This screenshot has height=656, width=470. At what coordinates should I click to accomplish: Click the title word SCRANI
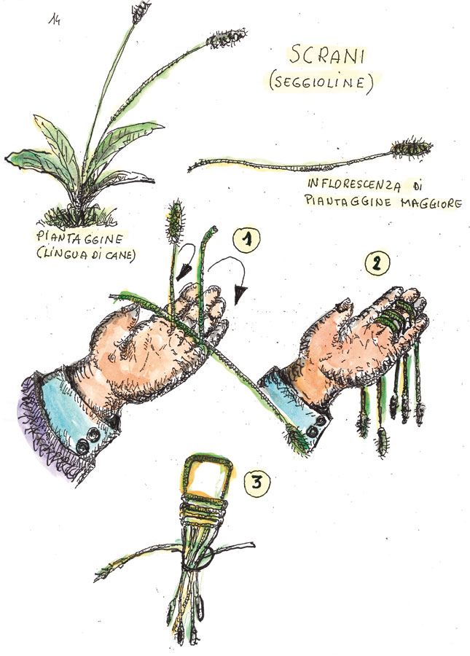[x=327, y=55]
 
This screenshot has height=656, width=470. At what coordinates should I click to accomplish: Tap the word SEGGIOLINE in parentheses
[x=321, y=82]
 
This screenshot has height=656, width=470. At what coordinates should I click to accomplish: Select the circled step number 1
[x=247, y=240]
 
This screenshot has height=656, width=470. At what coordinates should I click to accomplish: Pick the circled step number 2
[x=377, y=262]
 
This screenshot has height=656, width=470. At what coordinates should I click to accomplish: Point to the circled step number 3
[x=256, y=483]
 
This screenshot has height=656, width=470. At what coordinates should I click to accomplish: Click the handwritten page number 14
[x=54, y=19]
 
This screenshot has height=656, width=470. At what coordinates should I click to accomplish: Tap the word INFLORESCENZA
[x=354, y=184]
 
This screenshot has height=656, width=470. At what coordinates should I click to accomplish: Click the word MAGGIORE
[x=431, y=203]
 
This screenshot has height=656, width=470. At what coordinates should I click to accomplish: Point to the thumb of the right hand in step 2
[x=344, y=305]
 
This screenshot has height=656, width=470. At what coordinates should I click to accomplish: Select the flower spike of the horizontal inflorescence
[x=411, y=148]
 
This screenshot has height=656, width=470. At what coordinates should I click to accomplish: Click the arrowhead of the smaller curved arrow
[x=182, y=272]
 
